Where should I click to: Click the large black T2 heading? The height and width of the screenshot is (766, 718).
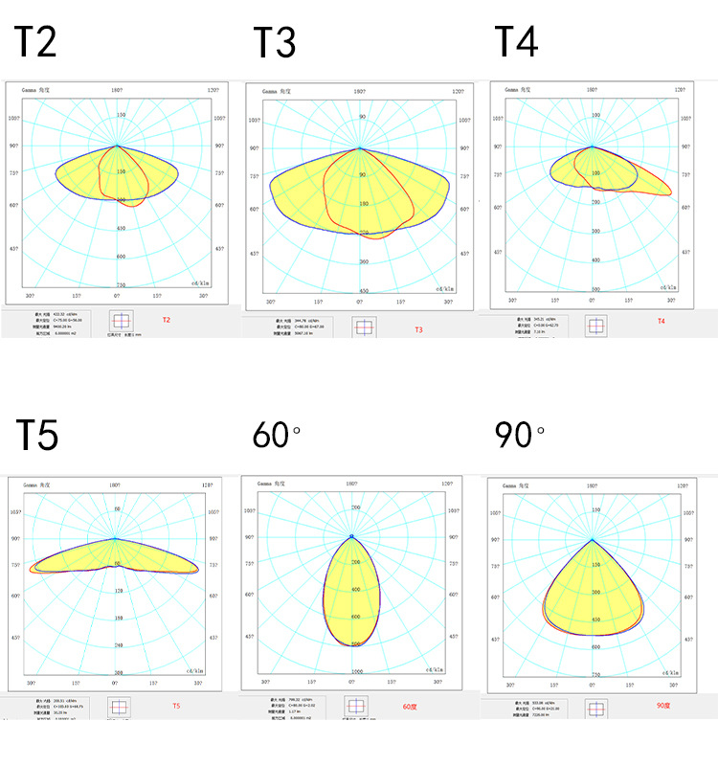pyautogui.click(x=36, y=42)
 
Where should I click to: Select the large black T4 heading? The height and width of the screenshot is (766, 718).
pyautogui.click(x=516, y=42)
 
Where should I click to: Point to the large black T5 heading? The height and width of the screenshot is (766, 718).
pyautogui.click(x=37, y=435)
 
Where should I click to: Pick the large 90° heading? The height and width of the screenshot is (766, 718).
pyautogui.click(x=519, y=435)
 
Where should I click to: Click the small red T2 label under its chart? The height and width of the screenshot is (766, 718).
pyautogui.click(x=166, y=320)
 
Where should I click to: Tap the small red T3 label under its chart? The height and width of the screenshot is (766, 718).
pyautogui.click(x=418, y=329)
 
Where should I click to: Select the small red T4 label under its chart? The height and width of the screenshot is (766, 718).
pyautogui.click(x=661, y=321)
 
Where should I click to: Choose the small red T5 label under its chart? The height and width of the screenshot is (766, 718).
pyautogui.click(x=175, y=706)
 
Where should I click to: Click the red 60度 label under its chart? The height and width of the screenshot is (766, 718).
pyautogui.click(x=410, y=707)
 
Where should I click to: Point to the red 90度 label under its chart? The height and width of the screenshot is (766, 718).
pyautogui.click(x=663, y=706)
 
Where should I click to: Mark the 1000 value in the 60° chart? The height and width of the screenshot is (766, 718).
pyautogui.click(x=356, y=672)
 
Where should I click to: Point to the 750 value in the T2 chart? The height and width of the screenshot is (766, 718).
pyautogui.click(x=121, y=285)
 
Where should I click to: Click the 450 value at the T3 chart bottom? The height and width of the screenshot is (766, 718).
pyautogui.click(x=363, y=290)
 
